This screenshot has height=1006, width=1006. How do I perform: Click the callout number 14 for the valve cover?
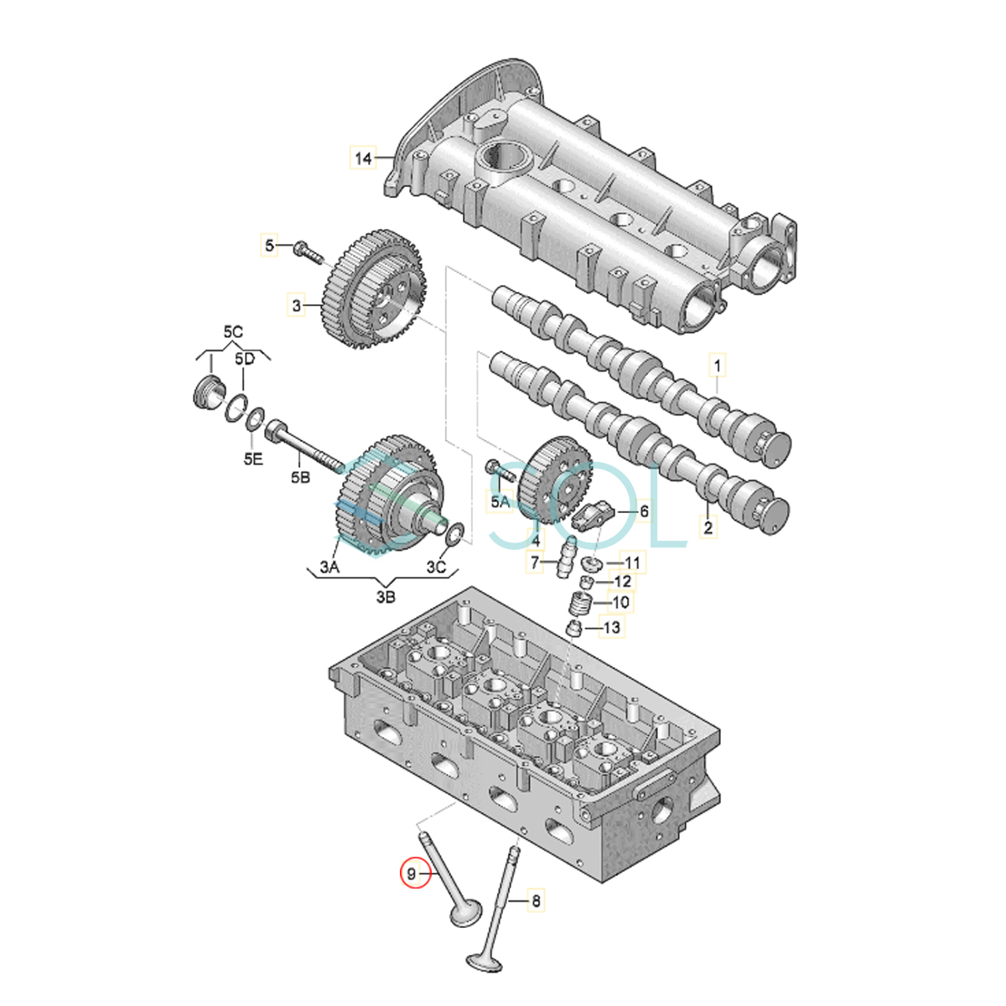(363, 158)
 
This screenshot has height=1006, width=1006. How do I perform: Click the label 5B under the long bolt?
(300, 477)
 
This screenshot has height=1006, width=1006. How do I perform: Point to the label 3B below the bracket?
(386, 597)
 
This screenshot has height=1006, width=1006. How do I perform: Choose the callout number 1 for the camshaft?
(718, 366)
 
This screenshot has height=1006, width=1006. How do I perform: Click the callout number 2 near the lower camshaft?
(708, 527)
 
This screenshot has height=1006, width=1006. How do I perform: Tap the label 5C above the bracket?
(233, 331)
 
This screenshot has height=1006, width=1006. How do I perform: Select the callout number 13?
(611, 627)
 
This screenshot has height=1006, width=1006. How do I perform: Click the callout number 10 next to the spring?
(620, 603)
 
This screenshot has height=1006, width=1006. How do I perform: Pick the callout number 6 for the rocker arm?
(644, 511)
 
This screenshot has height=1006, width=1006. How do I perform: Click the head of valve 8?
(485, 975)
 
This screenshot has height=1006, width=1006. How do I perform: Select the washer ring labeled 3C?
(455, 532)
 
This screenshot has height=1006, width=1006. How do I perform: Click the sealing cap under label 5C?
(207, 392)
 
